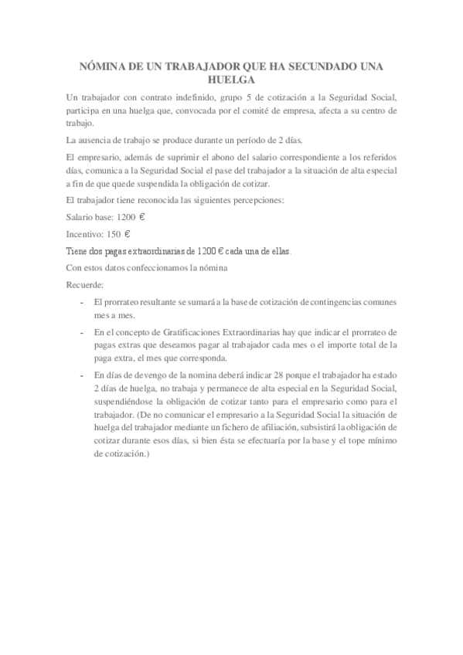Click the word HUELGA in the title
[x=231, y=80]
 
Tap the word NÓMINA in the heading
[x=104, y=67]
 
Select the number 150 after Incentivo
[x=111, y=234]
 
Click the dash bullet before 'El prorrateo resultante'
[x=83, y=301]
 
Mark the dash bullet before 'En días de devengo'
[x=83, y=375]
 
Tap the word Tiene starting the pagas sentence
[x=77, y=251]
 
